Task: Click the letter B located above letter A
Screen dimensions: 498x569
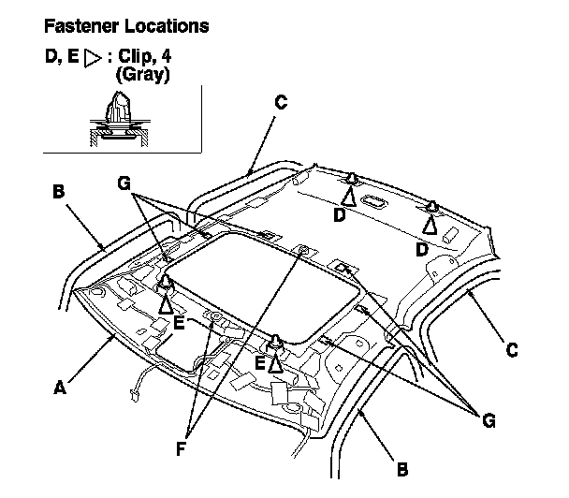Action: tap(57, 191)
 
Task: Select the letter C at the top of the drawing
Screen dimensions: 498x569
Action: tap(280, 101)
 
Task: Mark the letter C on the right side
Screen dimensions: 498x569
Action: tap(510, 351)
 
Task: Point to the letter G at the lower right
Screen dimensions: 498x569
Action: tap(488, 420)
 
